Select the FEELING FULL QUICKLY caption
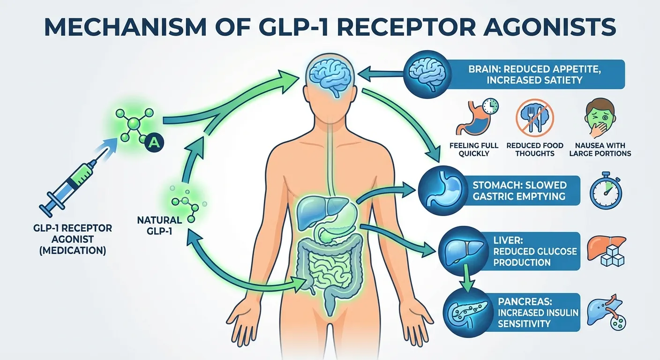[x=474, y=150]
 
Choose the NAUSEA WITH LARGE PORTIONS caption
[x=600, y=150]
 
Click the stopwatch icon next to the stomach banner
[x=606, y=190]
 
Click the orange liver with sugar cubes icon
[x=606, y=251]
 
